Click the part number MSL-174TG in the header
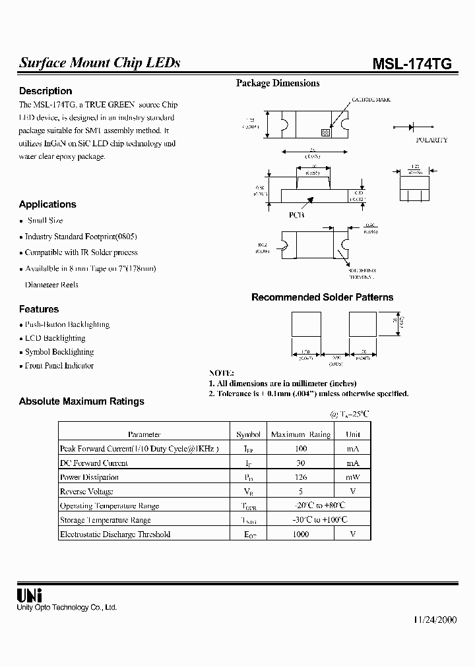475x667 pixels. [412, 63]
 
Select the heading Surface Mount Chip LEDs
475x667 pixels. [99, 63]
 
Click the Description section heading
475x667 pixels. [46, 91]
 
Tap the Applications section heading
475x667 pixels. [47, 204]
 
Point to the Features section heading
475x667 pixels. [39, 309]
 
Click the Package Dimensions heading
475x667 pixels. [278, 83]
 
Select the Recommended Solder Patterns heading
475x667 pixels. [322, 297]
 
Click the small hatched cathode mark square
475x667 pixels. [325, 132]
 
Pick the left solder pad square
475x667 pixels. [305, 325]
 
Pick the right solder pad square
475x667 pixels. [362, 325]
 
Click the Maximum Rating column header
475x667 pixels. [301, 434]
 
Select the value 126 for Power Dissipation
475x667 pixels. [301, 477]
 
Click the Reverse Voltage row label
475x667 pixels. [86, 492]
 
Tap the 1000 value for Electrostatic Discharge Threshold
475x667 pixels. [301, 535]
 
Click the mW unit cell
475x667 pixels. [353, 477]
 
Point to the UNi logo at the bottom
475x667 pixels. [29, 595]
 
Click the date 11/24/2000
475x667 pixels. [435, 621]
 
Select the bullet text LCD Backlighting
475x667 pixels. [55, 338]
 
